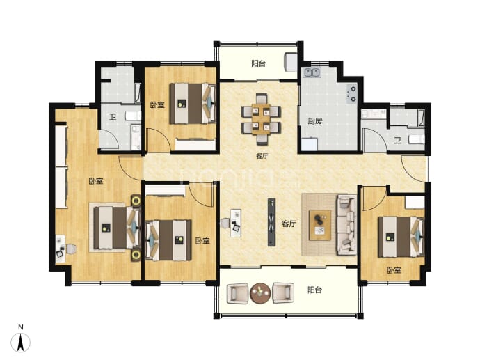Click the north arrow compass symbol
tap(20, 342)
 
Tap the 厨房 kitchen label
tap(315, 121)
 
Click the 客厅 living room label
tap(289, 224)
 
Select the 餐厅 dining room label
tap(262, 156)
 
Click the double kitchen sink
tap(312, 72)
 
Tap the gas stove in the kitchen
tap(352, 94)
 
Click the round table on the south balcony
tap(260, 293)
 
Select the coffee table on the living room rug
tap(320, 225)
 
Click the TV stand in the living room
tap(271, 222)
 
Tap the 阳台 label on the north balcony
tap(259, 63)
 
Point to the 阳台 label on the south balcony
tap(314, 290)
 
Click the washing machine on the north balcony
tap(291, 62)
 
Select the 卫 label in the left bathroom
tap(113, 117)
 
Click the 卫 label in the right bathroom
tap(397, 141)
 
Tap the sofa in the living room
tap(347, 225)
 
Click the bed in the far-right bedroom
tap(401, 237)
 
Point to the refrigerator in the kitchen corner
tap(309, 144)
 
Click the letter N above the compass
tap(20, 327)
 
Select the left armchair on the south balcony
tap(237, 293)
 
